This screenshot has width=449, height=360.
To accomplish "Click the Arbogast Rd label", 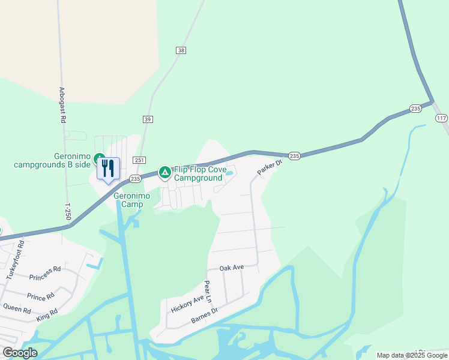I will point(62,106).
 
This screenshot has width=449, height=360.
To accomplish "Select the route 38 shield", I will point(181,50).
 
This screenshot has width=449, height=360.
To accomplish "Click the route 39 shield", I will point(148,119).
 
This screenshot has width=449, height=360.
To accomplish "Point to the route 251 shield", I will point(139,160).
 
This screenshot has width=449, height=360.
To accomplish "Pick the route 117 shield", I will point(441,118).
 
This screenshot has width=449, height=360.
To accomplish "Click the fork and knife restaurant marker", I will point(108,169).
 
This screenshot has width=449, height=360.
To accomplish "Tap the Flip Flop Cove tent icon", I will point(164,173).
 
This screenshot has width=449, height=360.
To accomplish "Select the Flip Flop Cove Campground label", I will point(199,174).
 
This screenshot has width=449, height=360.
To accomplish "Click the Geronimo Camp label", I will point(128,200).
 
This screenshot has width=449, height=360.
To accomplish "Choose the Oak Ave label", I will point(231,268).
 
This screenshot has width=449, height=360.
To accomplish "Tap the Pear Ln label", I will point(208,291).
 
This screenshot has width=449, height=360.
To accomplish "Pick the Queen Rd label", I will point(17,310).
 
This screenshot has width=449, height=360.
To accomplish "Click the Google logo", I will point(20,353).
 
